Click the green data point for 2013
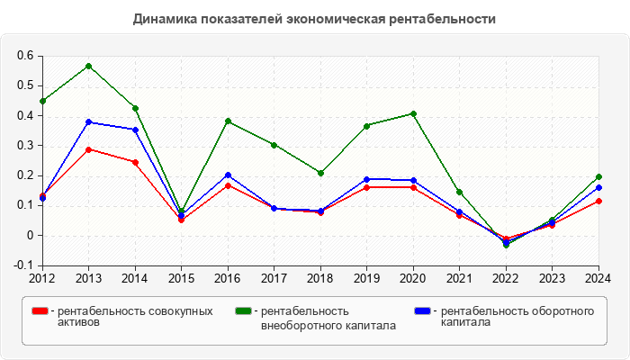[x=88, y=66]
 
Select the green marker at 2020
[x=413, y=113]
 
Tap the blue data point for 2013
[x=88, y=121]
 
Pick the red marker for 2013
[x=88, y=149]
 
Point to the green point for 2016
[x=228, y=121]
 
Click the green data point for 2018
[x=320, y=173]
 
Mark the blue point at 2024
[x=598, y=187]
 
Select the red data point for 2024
[x=598, y=201]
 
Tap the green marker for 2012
[x=42, y=101]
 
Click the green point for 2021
[x=460, y=192]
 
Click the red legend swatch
[x=39, y=311]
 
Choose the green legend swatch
[x=243, y=311]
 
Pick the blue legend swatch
[x=421, y=311]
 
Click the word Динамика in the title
[x=162, y=18]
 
